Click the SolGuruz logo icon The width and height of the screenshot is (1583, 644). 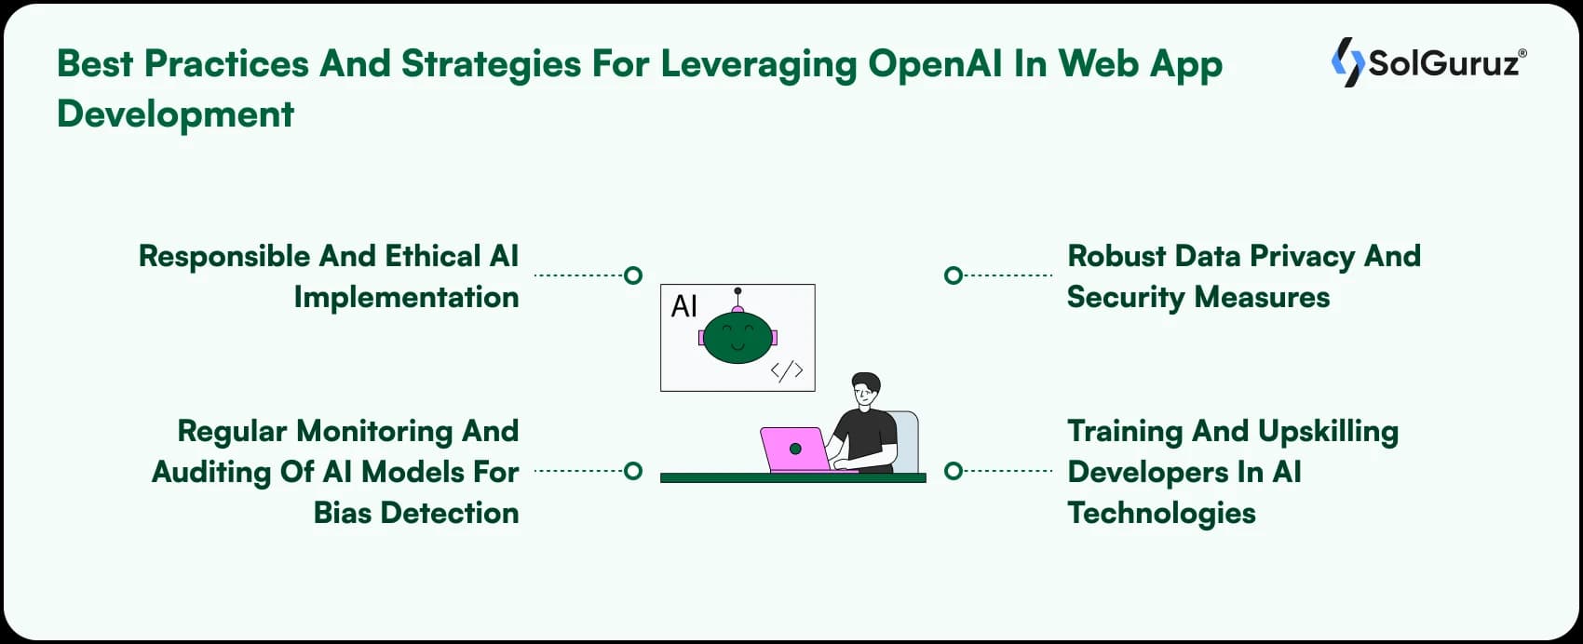[x=1346, y=62]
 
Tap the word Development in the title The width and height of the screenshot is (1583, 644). [x=175, y=114]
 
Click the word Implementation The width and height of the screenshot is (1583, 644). [x=406, y=297]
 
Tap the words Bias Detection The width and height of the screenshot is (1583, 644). [x=415, y=513]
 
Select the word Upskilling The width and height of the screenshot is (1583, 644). [x=1328, y=431]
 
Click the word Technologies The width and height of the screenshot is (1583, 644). [x=1161, y=513]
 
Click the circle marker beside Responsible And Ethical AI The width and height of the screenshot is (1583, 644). [x=633, y=275]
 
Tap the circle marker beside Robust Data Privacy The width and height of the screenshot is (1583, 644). [x=953, y=275]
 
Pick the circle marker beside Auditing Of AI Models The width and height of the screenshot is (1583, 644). [x=633, y=471]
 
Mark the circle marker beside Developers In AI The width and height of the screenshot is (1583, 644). [x=953, y=471]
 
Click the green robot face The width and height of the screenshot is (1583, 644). [x=737, y=337]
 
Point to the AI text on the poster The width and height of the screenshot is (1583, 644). [x=684, y=306]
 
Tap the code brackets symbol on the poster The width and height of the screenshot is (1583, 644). [x=787, y=370]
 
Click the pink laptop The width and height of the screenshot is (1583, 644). [x=793, y=449]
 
